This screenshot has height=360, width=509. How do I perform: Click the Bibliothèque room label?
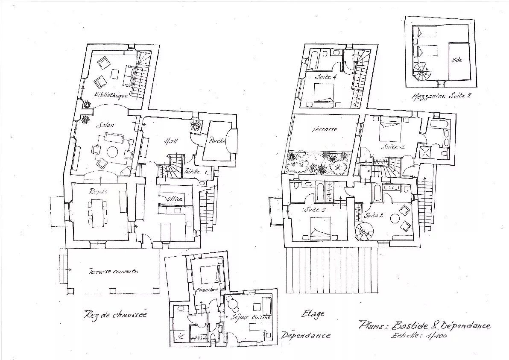(111, 95)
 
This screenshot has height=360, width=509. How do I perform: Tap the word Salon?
(105, 125)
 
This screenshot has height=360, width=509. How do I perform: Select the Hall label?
(171, 141)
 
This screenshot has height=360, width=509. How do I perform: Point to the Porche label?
(217, 141)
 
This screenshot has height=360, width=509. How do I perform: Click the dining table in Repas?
(97, 213)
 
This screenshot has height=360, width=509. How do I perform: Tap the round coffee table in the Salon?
(112, 152)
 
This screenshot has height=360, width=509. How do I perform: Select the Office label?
(175, 199)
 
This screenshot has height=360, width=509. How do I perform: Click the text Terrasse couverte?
(114, 271)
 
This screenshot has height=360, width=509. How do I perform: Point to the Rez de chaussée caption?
(115, 314)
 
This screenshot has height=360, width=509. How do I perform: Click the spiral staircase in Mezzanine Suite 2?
(421, 71)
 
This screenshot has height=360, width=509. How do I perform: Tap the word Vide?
(457, 60)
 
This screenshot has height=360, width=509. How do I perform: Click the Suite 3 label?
(315, 210)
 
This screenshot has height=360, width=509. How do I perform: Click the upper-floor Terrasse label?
(324, 129)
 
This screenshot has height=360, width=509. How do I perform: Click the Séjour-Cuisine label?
(251, 318)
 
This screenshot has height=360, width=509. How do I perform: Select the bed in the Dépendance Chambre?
(211, 274)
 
